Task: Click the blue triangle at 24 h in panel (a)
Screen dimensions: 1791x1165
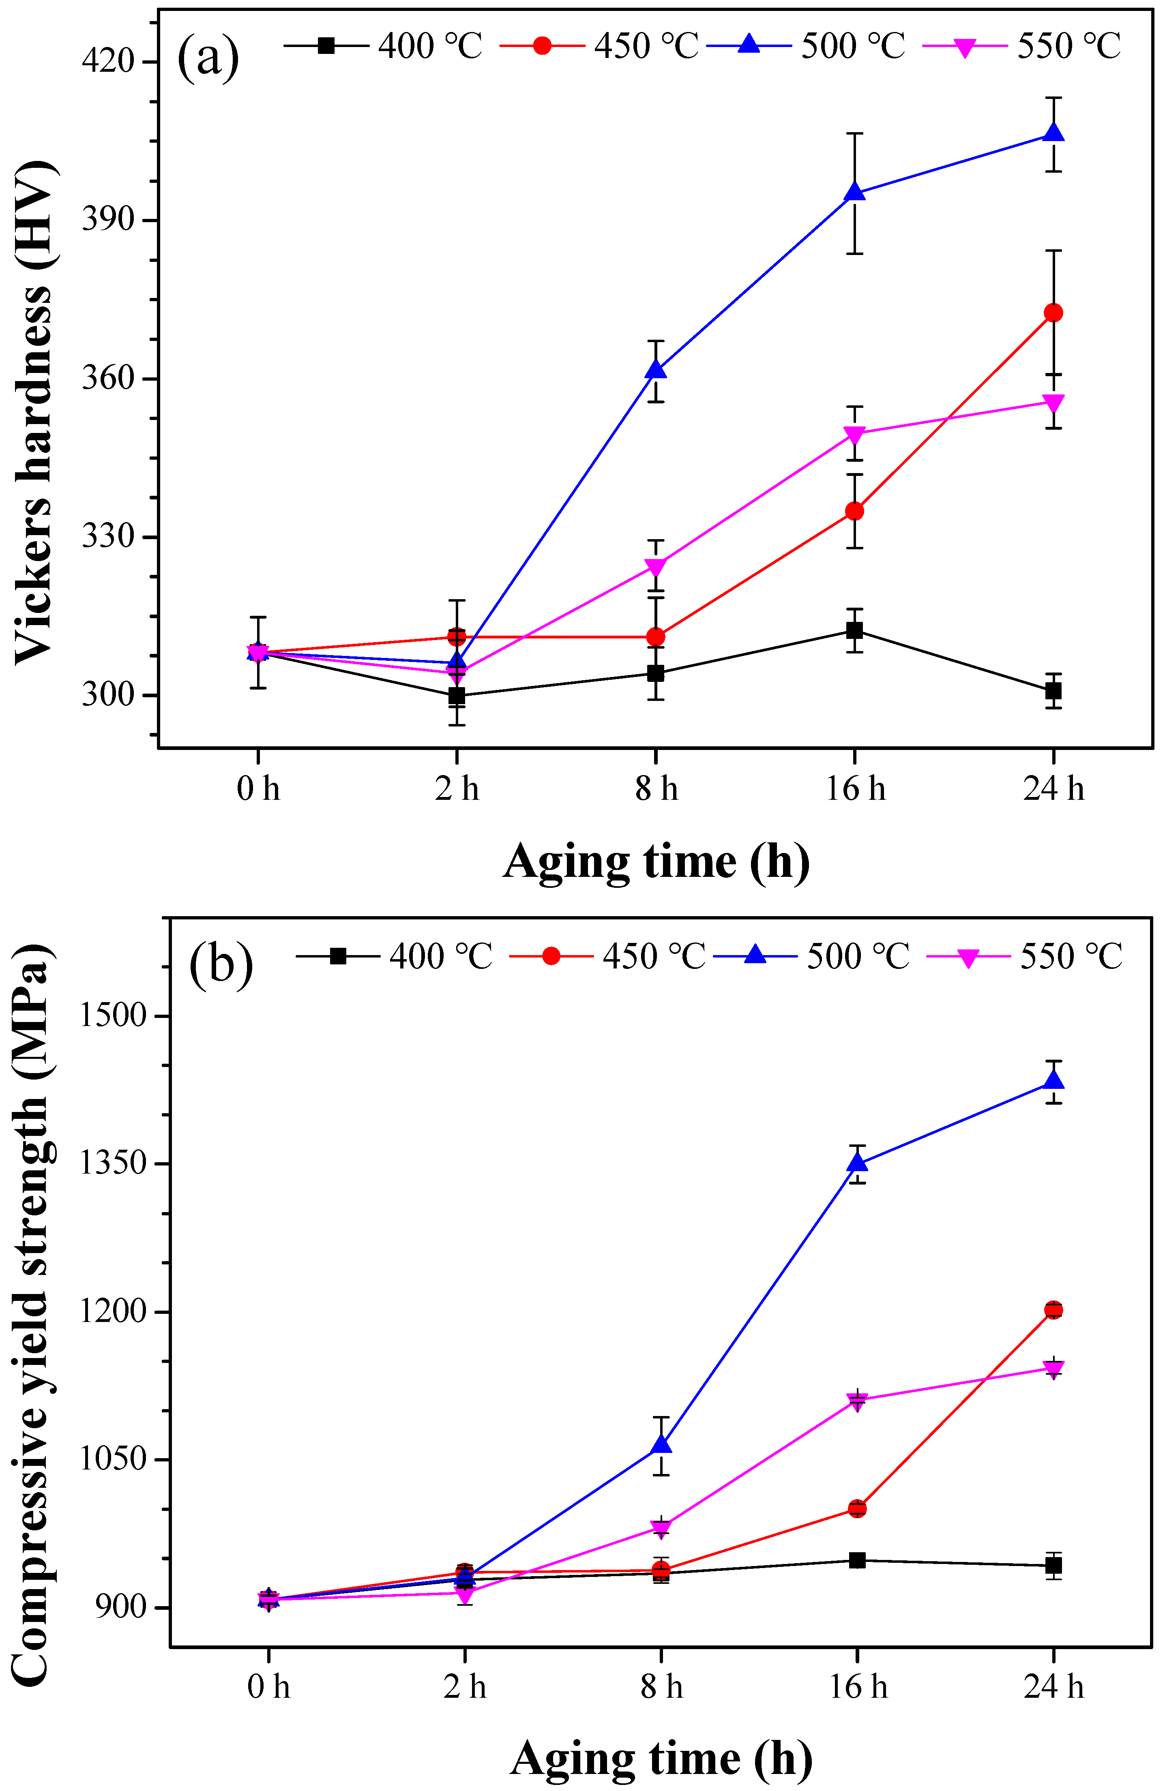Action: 1053,133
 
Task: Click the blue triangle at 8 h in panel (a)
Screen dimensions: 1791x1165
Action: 656,370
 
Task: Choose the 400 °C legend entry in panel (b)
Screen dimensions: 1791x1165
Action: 395,956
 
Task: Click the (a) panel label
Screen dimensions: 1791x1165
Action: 208,58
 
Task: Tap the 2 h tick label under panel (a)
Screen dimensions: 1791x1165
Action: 457,788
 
